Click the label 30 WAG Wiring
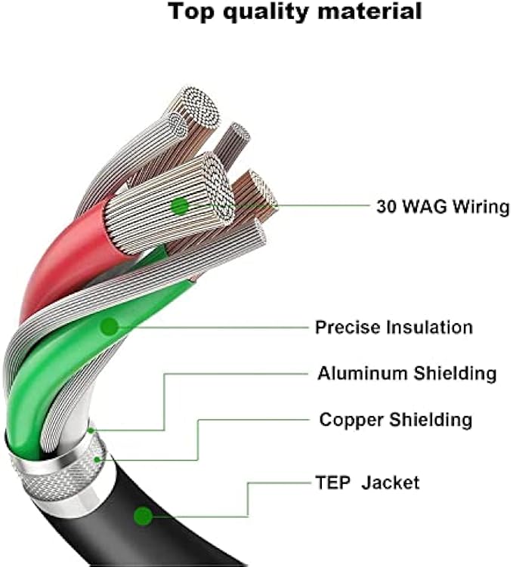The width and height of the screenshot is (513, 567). click(x=442, y=206)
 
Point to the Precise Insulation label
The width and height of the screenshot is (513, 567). click(x=394, y=328)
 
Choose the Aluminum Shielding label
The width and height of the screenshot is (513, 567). click(x=406, y=373)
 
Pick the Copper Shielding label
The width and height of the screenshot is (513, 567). click(x=396, y=419)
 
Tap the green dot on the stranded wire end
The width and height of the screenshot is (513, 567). click(x=179, y=205)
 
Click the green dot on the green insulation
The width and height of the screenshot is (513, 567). click(x=110, y=327)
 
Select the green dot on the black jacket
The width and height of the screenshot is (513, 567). click(x=143, y=516)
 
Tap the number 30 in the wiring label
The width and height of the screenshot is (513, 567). click(x=386, y=206)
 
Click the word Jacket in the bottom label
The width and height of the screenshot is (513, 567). click(x=390, y=482)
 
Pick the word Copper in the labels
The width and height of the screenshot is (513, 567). click(x=348, y=419)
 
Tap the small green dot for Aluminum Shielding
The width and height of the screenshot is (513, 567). click(x=91, y=430)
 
